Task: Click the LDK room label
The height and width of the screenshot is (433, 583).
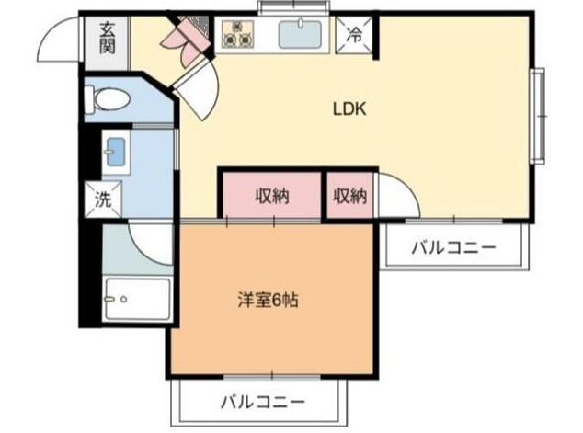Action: pos(349,108)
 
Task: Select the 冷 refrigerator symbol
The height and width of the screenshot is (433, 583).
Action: pos(355,35)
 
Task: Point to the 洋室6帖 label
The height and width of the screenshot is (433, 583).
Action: pos(268,299)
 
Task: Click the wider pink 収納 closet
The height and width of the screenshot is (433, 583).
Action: pos(271,196)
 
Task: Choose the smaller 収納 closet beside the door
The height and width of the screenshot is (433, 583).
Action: pos(350,196)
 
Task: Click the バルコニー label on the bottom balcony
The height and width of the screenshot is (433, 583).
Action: pos(262,402)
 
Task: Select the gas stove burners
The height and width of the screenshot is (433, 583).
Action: pos(238,34)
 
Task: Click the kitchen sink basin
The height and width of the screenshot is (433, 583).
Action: pos(302,36)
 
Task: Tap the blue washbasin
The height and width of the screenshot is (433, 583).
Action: pos(114,152)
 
